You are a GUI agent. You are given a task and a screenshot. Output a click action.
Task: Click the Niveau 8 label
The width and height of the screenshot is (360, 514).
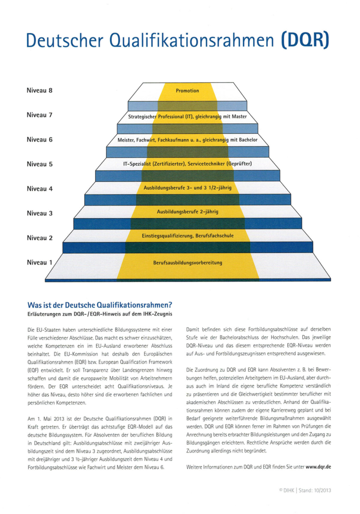pos(39,91)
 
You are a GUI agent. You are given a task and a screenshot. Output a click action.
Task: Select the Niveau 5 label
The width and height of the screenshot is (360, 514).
pos(39,164)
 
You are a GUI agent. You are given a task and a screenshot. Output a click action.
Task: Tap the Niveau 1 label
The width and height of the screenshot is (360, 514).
pos(39,262)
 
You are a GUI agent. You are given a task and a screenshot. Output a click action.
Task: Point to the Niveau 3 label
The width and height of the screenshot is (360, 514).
pos(39,213)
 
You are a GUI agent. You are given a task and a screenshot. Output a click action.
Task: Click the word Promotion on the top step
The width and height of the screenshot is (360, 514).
pos(187,91)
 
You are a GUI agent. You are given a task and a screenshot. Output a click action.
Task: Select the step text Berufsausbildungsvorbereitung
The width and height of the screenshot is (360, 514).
pos(187,262)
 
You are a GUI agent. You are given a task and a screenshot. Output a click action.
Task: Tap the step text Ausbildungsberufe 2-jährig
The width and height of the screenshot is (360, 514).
pos(187,212)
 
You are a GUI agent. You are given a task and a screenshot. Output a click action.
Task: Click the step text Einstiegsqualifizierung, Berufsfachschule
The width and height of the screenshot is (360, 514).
pos(187,235)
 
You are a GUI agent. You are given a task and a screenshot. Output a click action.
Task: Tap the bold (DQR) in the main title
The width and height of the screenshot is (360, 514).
pos(306,39)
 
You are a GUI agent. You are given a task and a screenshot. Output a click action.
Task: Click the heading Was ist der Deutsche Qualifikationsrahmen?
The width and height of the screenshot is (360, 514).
pos(107,304)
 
